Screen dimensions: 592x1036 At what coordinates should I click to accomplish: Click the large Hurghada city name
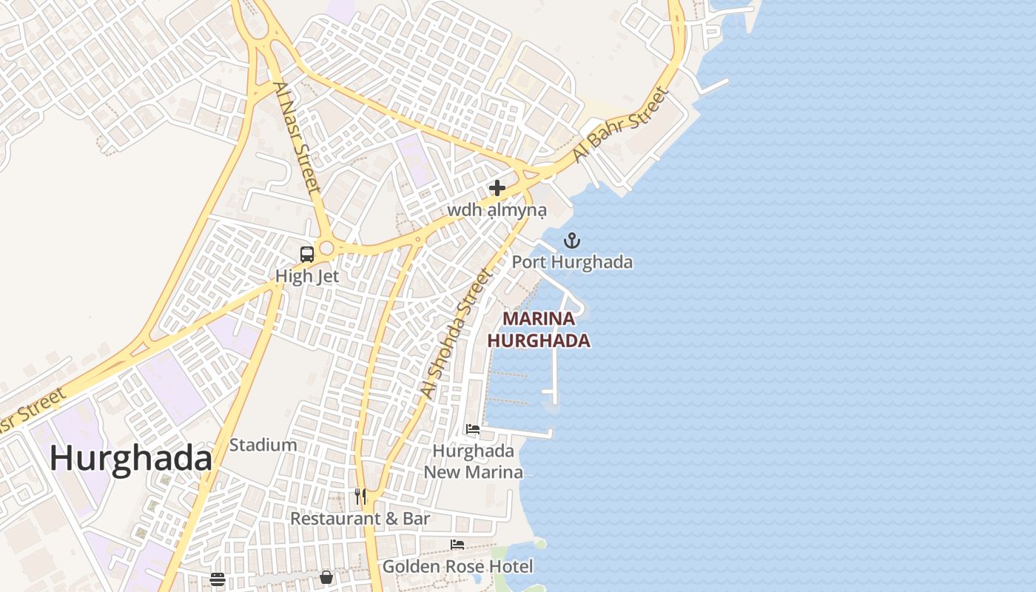pos(131,459)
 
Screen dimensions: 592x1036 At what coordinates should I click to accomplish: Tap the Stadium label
pos(263,445)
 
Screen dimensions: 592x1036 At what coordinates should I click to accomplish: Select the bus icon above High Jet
pos(306,254)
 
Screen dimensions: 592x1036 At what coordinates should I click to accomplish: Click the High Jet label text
pos(307,276)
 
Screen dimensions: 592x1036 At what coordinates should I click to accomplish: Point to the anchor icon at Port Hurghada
pos(571,240)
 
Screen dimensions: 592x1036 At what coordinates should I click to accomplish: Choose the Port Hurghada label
pos(572,262)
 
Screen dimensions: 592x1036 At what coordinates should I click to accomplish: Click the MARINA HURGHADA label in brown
pos(539,329)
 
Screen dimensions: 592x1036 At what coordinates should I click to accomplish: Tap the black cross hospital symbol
pos(497,188)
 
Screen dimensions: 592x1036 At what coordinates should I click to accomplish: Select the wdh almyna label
pos(497,211)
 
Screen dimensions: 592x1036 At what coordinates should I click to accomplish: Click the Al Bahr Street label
pos(620,126)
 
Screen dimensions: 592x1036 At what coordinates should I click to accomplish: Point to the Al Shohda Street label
pos(456,334)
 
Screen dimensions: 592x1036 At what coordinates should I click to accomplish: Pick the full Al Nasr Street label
pos(297,138)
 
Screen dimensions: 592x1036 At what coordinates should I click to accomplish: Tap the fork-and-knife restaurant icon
pos(360,497)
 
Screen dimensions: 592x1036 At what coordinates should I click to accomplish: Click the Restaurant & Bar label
pos(360,519)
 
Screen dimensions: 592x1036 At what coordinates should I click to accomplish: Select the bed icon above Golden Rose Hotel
pos(457,545)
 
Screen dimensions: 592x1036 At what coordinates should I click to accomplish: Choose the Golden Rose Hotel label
pos(457,567)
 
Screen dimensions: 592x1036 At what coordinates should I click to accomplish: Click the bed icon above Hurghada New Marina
pos(473,429)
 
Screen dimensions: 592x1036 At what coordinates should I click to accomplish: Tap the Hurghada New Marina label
pos(473,462)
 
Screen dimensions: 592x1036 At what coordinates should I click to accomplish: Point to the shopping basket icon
pos(326,577)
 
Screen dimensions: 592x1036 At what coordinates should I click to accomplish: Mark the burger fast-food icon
pos(217,579)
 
